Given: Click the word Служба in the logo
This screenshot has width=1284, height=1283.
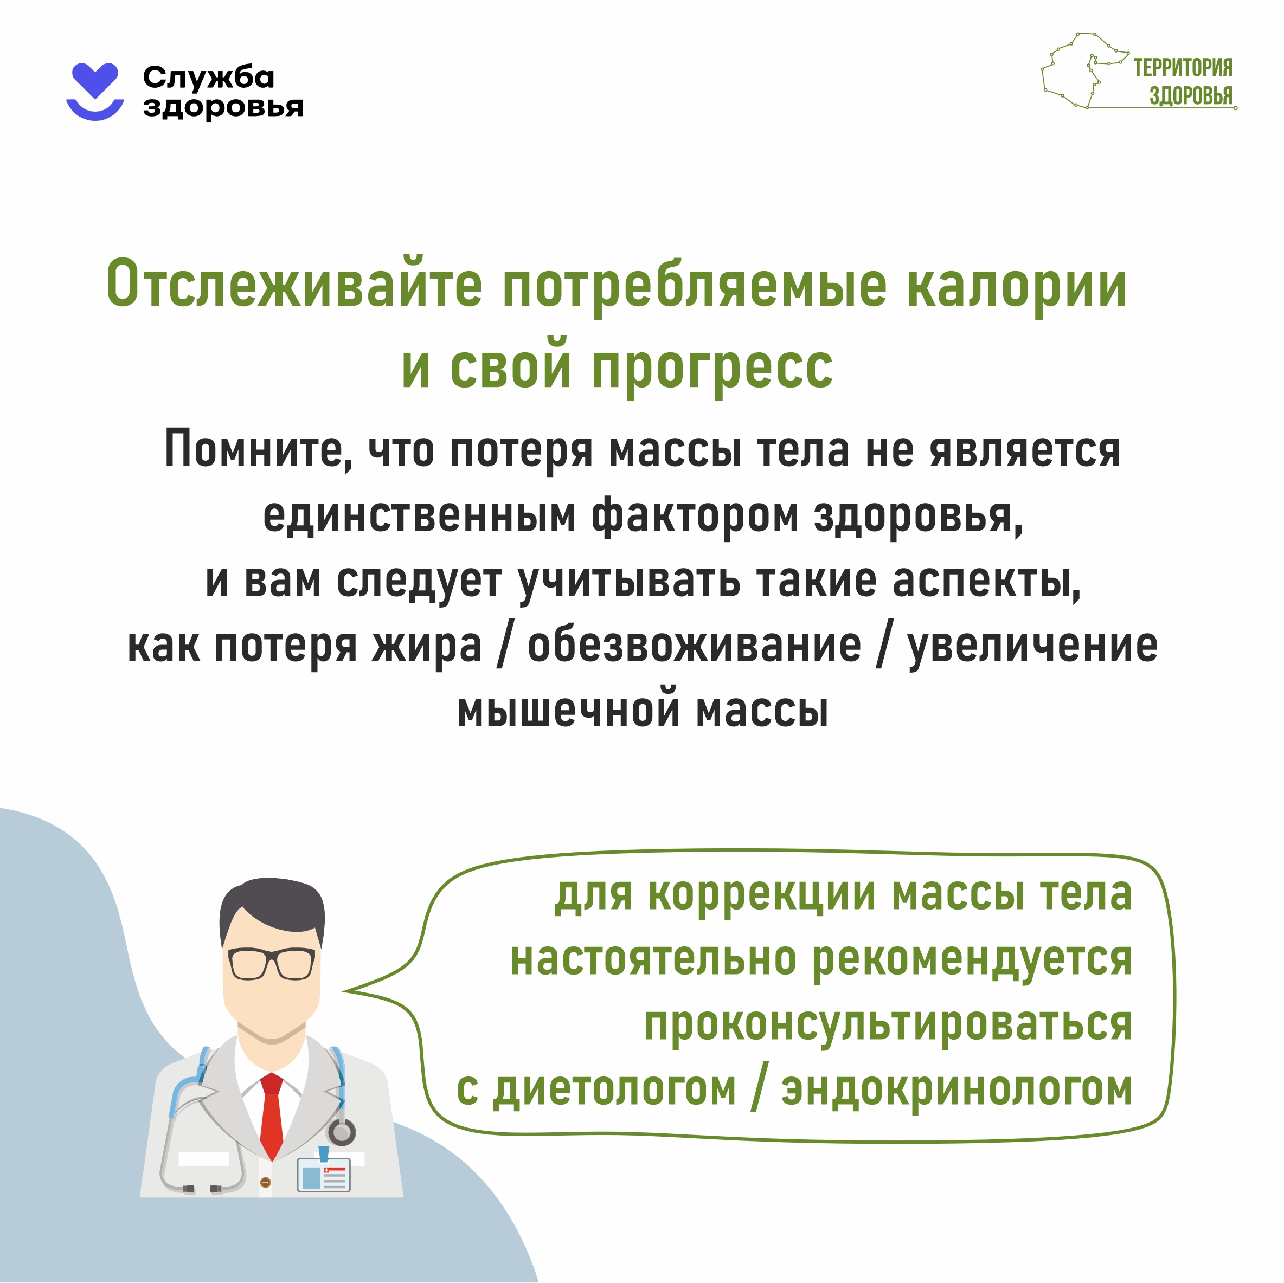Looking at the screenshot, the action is [x=208, y=78].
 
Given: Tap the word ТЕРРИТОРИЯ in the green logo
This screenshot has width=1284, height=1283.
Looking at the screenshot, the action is [x=1182, y=68].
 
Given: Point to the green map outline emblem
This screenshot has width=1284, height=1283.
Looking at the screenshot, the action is [x=1084, y=70].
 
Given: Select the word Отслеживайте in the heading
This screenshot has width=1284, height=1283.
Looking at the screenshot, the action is [x=294, y=285].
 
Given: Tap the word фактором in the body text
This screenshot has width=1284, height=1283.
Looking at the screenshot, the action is [x=695, y=516].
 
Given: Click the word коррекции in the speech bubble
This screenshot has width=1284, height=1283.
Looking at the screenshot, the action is [x=762, y=895].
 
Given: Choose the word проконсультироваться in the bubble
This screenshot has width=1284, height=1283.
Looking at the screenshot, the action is [x=888, y=1024].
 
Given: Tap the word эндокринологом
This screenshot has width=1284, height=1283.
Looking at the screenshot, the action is [x=956, y=1089].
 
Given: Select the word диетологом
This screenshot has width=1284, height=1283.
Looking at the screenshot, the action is [x=614, y=1089].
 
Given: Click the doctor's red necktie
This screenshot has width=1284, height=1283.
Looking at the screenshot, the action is [x=271, y=1116].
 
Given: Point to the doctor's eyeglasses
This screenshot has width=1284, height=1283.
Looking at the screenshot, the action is [x=271, y=963].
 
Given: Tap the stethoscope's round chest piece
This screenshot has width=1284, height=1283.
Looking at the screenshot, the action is [x=342, y=1132].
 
